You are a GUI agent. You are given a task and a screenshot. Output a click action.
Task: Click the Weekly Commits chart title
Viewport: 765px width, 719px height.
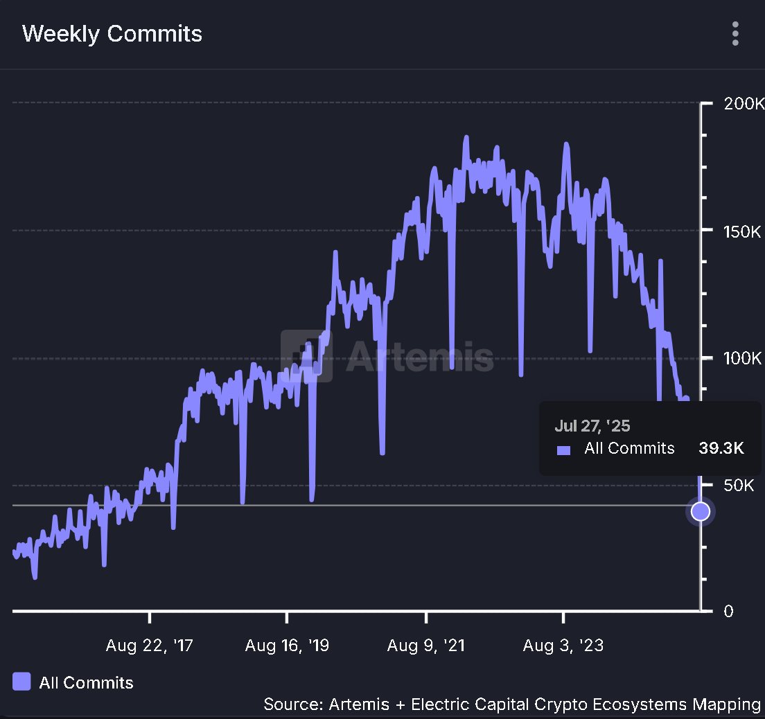coord(112,34)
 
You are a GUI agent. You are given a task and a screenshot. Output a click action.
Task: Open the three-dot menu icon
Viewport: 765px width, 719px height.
coord(735,33)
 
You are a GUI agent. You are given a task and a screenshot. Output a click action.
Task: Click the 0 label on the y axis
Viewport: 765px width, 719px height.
coord(727,612)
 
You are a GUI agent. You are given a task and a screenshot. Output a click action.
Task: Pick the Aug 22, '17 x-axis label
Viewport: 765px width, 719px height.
coord(150,646)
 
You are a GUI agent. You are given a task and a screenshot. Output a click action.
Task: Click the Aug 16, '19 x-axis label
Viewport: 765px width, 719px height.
coord(287,646)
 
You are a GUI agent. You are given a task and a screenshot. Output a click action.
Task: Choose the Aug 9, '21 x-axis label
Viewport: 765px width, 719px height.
coord(426,646)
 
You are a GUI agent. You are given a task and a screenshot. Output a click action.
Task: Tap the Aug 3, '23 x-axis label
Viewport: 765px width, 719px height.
coord(563,646)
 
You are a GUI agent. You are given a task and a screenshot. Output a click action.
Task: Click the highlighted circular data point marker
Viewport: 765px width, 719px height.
coord(701,511)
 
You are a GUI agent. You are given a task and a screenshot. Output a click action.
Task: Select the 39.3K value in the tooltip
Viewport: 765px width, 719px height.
coord(721,449)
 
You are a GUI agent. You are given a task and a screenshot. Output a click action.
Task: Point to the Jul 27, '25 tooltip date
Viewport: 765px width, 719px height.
coord(592,426)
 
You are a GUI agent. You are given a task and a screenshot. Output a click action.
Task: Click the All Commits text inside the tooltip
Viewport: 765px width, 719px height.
coord(629,449)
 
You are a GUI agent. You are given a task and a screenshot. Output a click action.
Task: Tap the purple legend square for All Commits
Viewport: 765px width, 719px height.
coord(22,682)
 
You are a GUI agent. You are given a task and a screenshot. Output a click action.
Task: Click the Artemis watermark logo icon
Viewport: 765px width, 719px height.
coord(306,356)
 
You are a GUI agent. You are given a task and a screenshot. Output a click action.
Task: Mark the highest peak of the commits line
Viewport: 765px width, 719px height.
coord(466,137)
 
